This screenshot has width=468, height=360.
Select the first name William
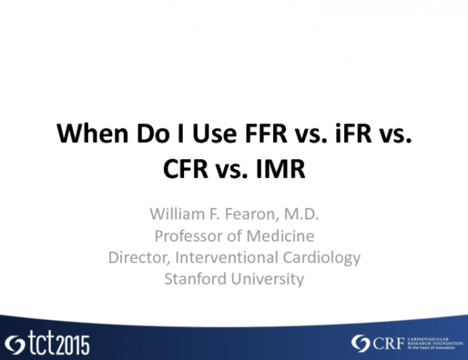[177, 215]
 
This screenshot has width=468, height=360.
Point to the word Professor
[187, 236]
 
